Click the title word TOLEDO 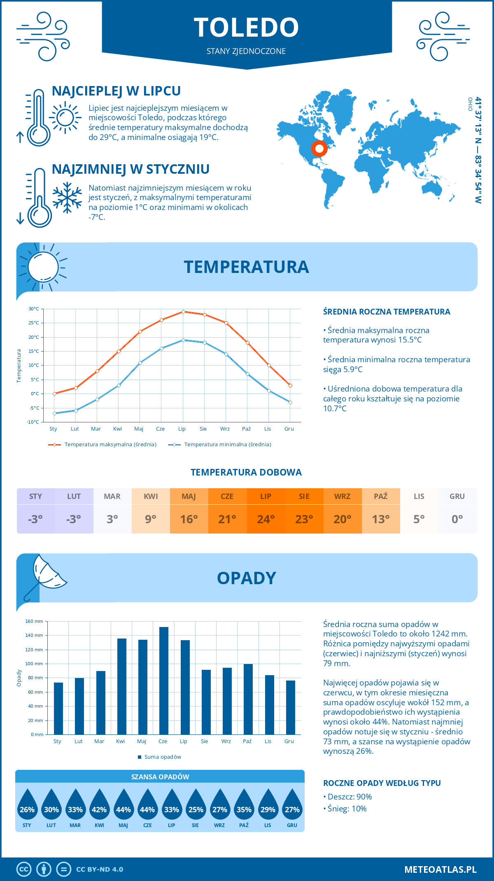(246, 27)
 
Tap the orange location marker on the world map (319, 148)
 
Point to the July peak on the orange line (183, 312)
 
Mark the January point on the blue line (54, 413)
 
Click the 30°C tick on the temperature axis (34, 309)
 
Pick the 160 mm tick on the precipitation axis (35, 621)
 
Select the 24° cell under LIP (266, 519)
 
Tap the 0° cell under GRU (457, 519)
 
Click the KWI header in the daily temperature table (151, 496)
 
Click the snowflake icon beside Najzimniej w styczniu (67, 198)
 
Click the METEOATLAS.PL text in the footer (440, 869)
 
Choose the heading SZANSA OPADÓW (160, 777)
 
